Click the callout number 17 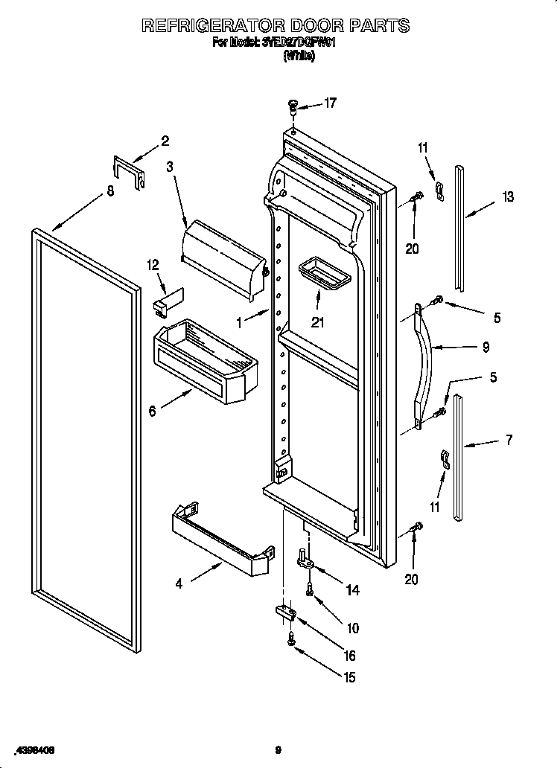click(329, 103)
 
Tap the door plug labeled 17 click(293, 109)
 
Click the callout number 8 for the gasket click(110, 191)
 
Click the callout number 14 click(352, 590)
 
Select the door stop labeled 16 click(286, 612)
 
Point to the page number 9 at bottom click(278, 750)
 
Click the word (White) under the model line click(299, 57)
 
